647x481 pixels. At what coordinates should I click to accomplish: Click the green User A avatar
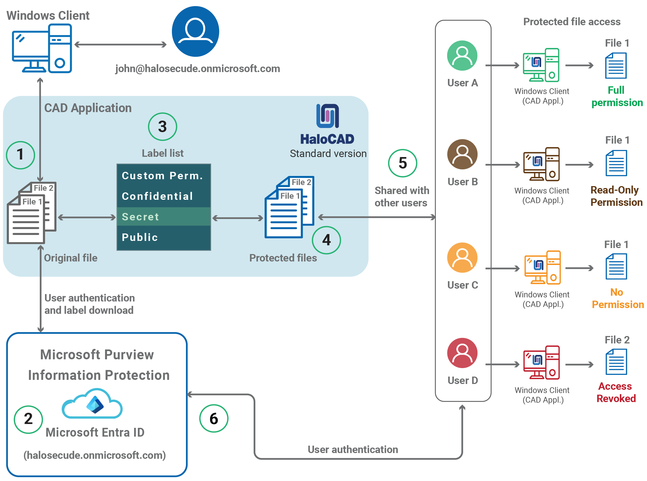[x=462, y=56]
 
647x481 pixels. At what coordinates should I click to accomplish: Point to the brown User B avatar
[x=462, y=154]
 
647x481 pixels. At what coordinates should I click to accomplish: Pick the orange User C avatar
[x=462, y=258]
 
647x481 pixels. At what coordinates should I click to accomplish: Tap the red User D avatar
[x=462, y=353]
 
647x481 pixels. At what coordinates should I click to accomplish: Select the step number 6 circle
[x=214, y=419]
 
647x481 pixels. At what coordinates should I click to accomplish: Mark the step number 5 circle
[x=403, y=163]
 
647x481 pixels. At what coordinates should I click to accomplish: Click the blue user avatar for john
[x=196, y=32]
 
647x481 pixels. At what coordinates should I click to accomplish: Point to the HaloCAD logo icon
[x=328, y=116]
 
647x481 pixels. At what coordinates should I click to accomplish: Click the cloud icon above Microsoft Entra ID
[x=92, y=404]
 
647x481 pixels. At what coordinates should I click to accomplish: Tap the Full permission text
[x=617, y=96]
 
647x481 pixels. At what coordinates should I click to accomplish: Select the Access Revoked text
[x=616, y=392]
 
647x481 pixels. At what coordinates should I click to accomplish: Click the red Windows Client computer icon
[x=541, y=363]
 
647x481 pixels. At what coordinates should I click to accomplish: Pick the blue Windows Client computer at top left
[x=42, y=48]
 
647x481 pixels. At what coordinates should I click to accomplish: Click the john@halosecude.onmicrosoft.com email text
[x=197, y=69]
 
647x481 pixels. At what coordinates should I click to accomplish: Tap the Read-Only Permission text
[x=616, y=196]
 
